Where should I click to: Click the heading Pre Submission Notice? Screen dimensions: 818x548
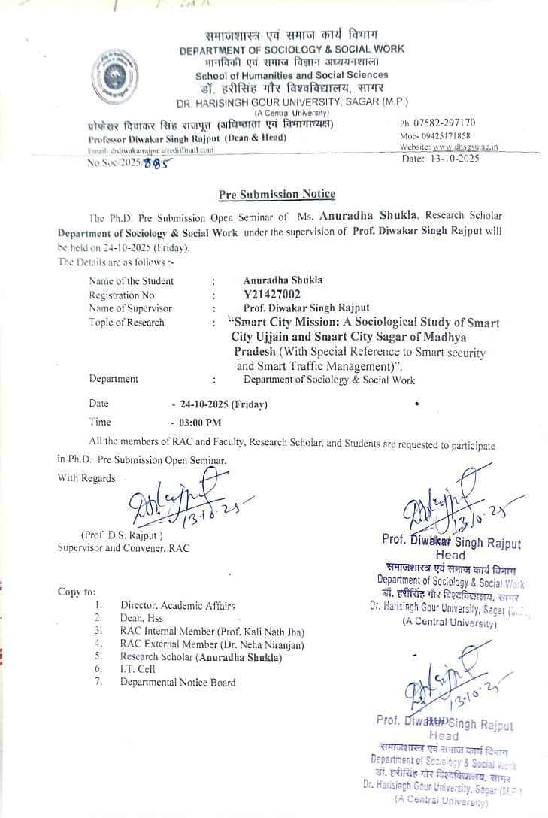pyautogui.click(x=277, y=195)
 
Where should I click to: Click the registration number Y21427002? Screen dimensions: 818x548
pyautogui.click(x=271, y=295)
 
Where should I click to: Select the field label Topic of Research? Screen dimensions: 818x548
pyautogui.click(x=126, y=322)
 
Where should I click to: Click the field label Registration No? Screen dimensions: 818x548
pyautogui.click(x=122, y=295)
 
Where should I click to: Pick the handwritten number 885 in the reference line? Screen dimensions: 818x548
pyautogui.click(x=153, y=162)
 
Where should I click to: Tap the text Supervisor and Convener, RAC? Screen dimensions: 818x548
pyautogui.click(x=123, y=548)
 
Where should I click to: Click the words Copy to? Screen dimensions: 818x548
pyautogui.click(x=77, y=592)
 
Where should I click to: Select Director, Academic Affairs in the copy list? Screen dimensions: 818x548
pyautogui.click(x=177, y=605)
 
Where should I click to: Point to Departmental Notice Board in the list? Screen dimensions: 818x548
pyautogui.click(x=177, y=682)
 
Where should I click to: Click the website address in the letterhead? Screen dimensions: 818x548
pyautogui.click(x=450, y=147)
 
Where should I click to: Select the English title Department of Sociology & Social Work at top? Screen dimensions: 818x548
pyautogui.click(x=291, y=49)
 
